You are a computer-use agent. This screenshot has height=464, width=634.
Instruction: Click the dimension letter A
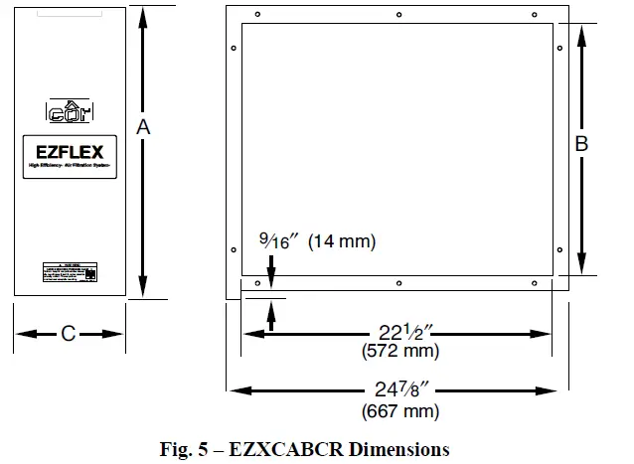point(144,127)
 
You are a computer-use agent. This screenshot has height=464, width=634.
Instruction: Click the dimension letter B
point(582,144)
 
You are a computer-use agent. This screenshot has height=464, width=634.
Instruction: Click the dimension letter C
point(68,334)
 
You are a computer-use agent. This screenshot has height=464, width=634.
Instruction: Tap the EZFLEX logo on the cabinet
point(70,155)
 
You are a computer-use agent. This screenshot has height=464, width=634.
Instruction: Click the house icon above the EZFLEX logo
point(69,111)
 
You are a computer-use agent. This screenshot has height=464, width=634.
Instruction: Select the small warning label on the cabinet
point(69,271)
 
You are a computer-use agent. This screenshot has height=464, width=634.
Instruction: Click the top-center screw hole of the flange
point(397,16)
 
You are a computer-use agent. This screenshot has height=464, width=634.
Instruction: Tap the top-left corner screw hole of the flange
point(258,16)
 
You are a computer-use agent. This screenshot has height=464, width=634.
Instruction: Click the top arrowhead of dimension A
point(144,12)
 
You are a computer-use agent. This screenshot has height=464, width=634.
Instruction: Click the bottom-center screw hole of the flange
point(397,283)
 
